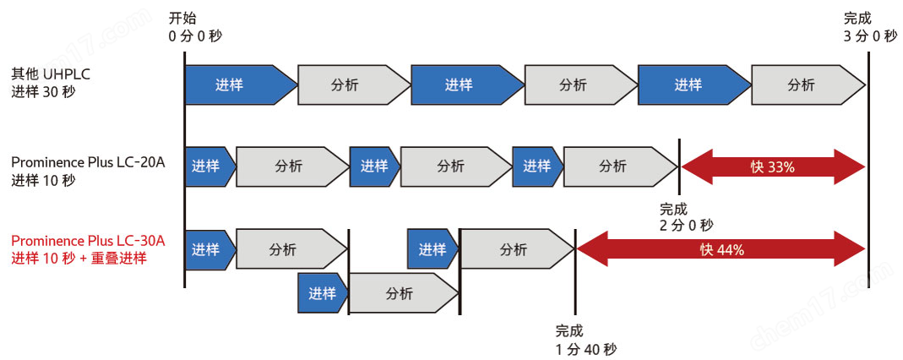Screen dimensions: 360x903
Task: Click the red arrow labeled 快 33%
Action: (x=772, y=166)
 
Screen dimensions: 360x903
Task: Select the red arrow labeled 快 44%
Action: (x=721, y=249)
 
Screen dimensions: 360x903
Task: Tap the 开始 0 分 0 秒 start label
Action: (x=195, y=27)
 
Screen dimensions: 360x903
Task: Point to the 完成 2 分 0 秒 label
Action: (x=686, y=216)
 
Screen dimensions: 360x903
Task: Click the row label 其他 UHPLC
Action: (x=51, y=74)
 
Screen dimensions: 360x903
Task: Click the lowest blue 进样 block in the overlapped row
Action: (x=322, y=293)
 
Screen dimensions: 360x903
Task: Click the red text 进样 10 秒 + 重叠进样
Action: (x=79, y=259)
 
